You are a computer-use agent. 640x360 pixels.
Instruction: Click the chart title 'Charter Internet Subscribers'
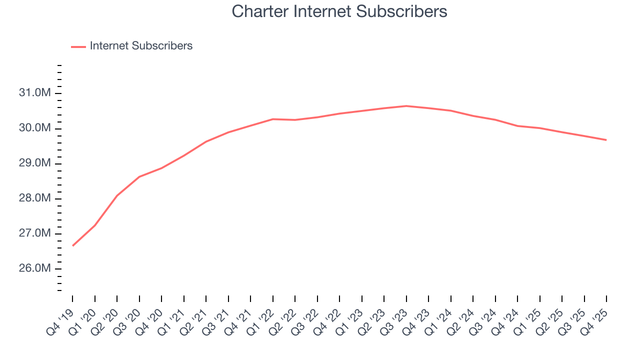click(339, 11)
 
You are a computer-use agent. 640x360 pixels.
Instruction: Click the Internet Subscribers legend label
click(141, 46)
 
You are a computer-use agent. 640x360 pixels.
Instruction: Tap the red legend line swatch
click(78, 46)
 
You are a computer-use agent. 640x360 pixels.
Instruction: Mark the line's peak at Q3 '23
click(406, 106)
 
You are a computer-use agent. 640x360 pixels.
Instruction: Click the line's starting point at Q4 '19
click(73, 245)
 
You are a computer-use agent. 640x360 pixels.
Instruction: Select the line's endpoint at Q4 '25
click(606, 140)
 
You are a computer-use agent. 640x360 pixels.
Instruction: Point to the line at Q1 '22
click(273, 119)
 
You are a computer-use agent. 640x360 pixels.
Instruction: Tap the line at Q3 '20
click(139, 176)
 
